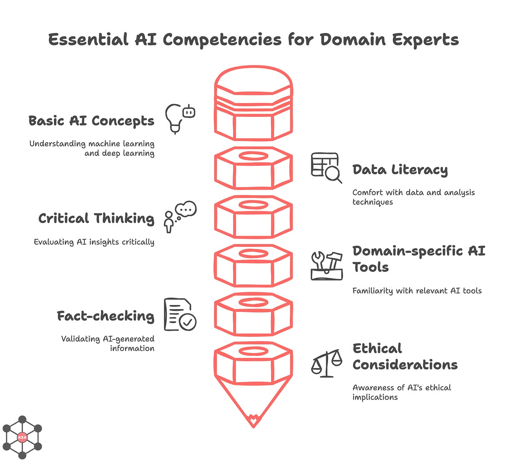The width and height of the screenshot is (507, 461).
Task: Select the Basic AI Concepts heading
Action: (91, 121)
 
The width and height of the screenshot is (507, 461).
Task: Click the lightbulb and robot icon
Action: (180, 118)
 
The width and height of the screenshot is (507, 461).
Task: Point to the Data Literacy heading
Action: (400, 170)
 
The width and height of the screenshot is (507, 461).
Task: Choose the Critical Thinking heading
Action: (96, 218)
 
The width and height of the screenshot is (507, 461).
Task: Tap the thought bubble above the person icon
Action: (186, 209)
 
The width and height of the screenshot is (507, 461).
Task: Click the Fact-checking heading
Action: (106, 316)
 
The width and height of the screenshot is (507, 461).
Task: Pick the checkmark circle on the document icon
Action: (188, 322)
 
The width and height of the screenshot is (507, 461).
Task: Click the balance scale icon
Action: (327, 363)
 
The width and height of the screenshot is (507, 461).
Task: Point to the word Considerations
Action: (405, 365)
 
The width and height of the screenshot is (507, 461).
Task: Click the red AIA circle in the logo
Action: (22, 437)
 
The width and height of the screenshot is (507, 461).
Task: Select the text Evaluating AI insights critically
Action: (94, 242)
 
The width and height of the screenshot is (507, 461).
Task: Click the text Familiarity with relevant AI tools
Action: (417, 291)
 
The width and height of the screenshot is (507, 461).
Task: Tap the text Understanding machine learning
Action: (92, 144)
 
